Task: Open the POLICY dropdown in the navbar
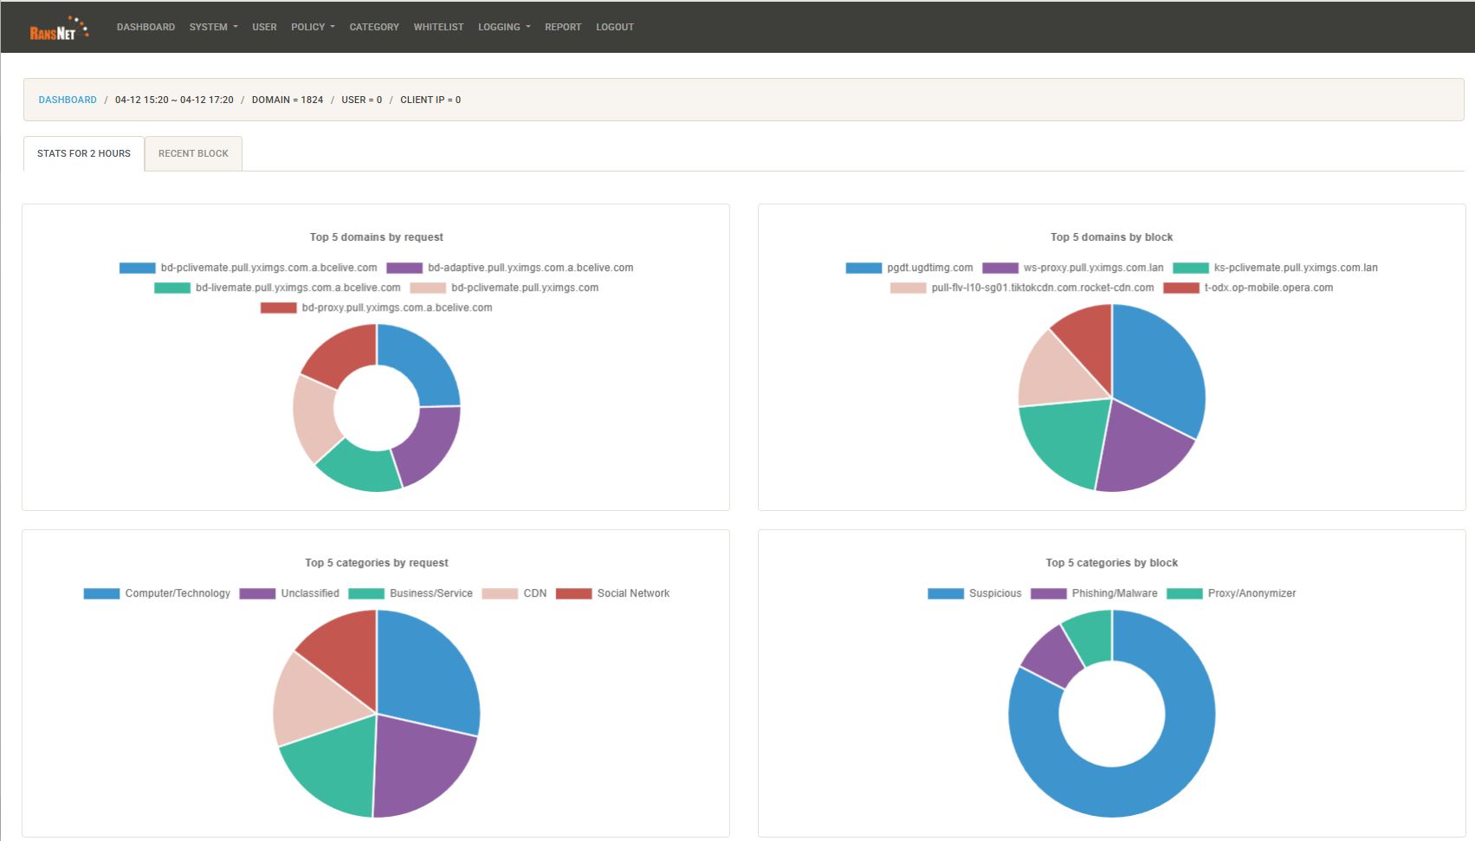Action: (312, 27)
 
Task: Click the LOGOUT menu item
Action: (614, 27)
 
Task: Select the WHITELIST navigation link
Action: (438, 27)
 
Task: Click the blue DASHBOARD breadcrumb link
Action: (68, 100)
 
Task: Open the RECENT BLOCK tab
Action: (193, 153)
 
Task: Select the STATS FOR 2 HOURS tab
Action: (84, 153)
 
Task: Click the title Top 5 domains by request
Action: (376, 236)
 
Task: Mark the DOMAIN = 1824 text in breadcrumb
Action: (287, 100)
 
